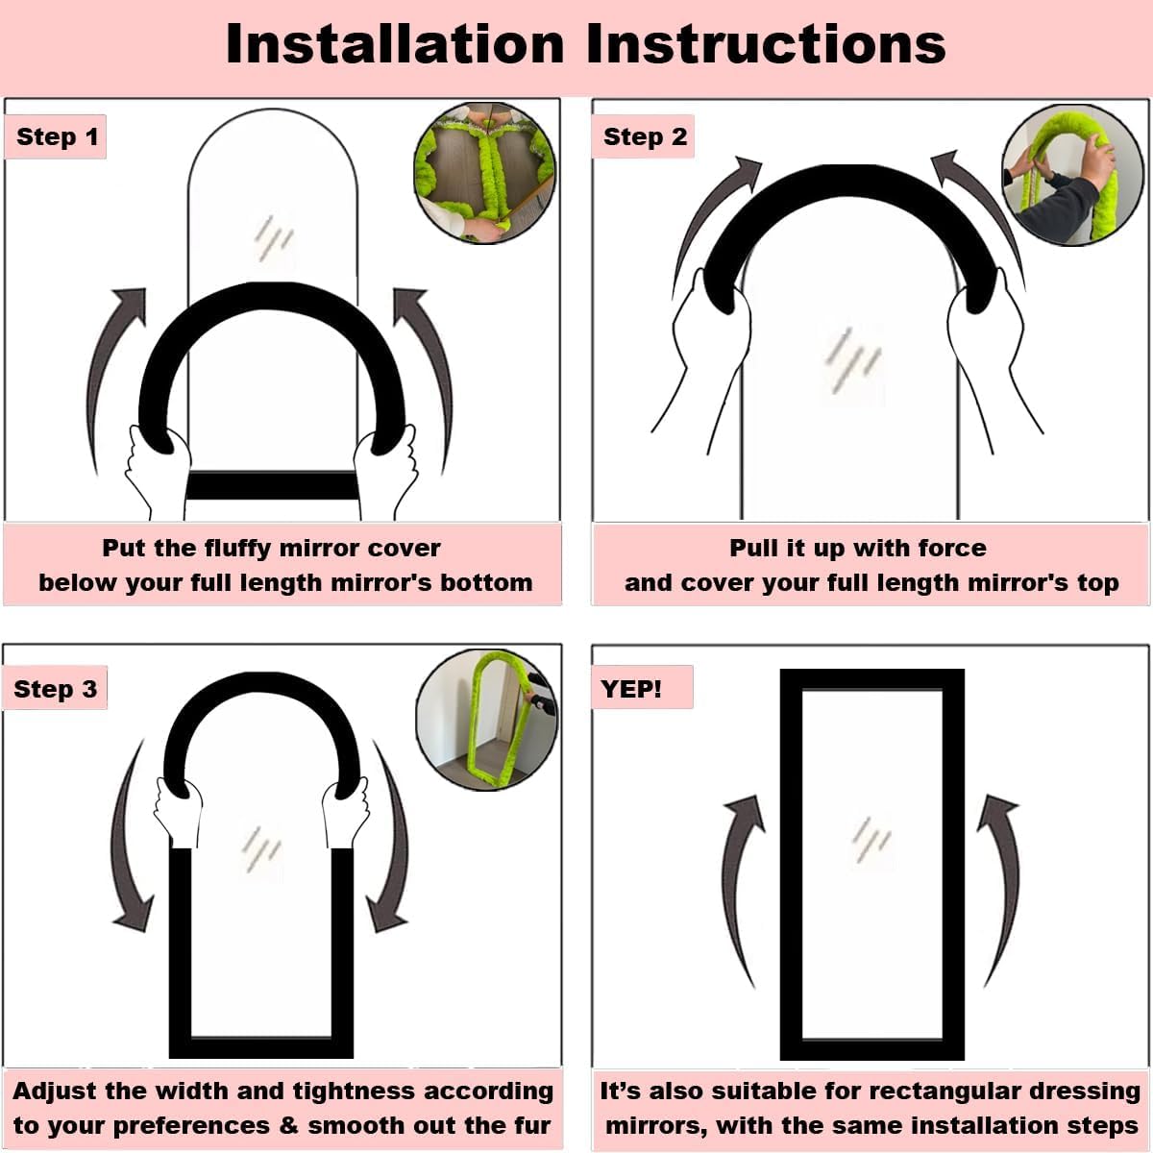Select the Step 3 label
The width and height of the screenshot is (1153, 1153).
pos(55,689)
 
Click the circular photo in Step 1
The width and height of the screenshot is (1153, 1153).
pos(484,173)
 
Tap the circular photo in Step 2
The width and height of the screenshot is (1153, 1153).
pos(1072,175)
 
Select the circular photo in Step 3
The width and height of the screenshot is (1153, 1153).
pos(486,720)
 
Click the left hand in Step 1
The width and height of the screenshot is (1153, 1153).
pos(157,473)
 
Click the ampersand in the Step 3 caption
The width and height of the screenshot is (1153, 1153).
pos(288,1125)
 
